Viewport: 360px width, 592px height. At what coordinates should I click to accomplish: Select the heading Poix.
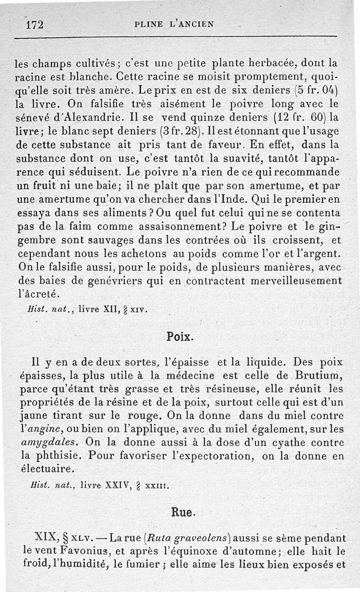coord(180,336)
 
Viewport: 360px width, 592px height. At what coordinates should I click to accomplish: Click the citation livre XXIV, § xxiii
coord(123,485)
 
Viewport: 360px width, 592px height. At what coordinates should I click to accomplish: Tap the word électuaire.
coord(46,469)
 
